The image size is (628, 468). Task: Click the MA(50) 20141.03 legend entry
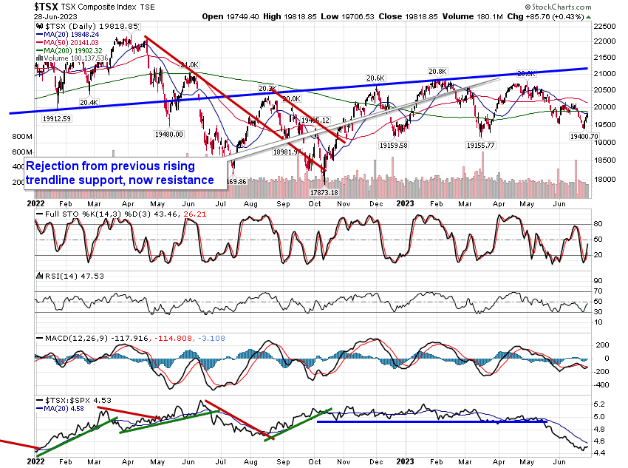(72, 41)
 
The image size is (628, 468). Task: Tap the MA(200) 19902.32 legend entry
(74, 50)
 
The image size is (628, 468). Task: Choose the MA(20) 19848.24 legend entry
(72, 33)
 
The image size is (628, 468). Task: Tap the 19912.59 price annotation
(56, 118)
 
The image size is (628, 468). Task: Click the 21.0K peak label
(189, 65)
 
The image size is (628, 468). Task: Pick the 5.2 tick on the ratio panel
(599, 404)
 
